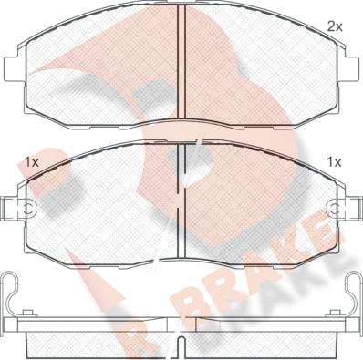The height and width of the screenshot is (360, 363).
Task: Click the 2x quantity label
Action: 335,27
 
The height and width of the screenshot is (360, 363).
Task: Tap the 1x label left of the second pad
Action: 32,163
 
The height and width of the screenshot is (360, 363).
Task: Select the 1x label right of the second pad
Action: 334,162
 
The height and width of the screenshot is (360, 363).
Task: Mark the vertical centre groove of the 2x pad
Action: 181,62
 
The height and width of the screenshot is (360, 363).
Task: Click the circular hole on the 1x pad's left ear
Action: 29,209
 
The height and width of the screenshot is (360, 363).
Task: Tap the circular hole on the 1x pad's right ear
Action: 334,209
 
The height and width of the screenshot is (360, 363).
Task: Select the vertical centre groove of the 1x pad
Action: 181,201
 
